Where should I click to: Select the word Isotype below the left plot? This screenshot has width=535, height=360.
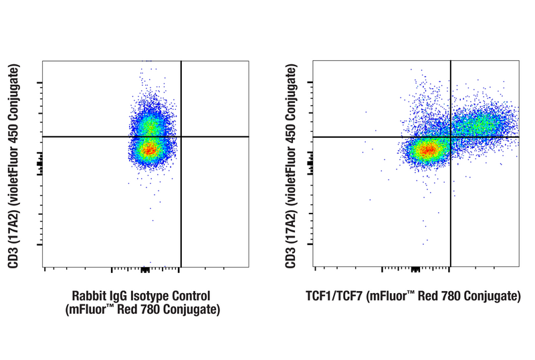pos(151,296)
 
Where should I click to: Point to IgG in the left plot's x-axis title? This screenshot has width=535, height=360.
pos(120,296)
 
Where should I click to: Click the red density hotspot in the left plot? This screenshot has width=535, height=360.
pos(148,149)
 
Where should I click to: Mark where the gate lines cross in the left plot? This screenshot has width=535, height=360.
pos(181,137)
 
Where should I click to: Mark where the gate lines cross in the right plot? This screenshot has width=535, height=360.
pos(451,137)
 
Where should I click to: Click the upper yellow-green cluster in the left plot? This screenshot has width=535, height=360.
pos(150,125)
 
